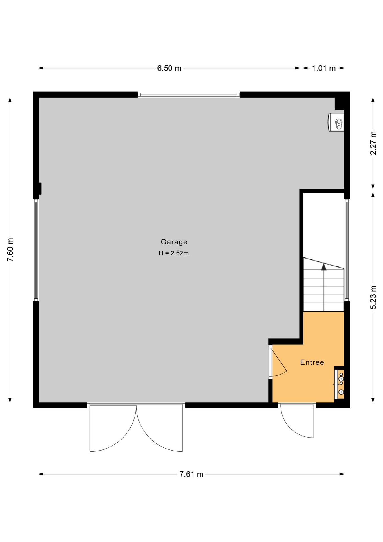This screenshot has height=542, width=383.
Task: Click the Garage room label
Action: click(x=174, y=242)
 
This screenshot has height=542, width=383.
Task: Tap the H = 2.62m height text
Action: click(x=174, y=253)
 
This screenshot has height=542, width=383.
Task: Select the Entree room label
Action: click(x=312, y=362)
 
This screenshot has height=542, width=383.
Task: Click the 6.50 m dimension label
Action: click(x=169, y=68)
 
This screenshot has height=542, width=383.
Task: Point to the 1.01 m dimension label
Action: click(x=324, y=68)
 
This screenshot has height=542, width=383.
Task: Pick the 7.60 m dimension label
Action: click(x=10, y=250)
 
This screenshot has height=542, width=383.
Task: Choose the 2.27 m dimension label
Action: click(x=373, y=143)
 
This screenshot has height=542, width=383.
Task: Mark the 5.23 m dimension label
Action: click(x=373, y=298)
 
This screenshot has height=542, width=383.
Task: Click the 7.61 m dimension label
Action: click(x=191, y=474)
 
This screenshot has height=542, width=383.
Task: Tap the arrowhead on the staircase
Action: click(x=324, y=267)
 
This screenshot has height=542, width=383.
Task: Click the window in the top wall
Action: click(x=189, y=95)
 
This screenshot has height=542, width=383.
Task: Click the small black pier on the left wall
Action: click(x=40, y=189)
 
